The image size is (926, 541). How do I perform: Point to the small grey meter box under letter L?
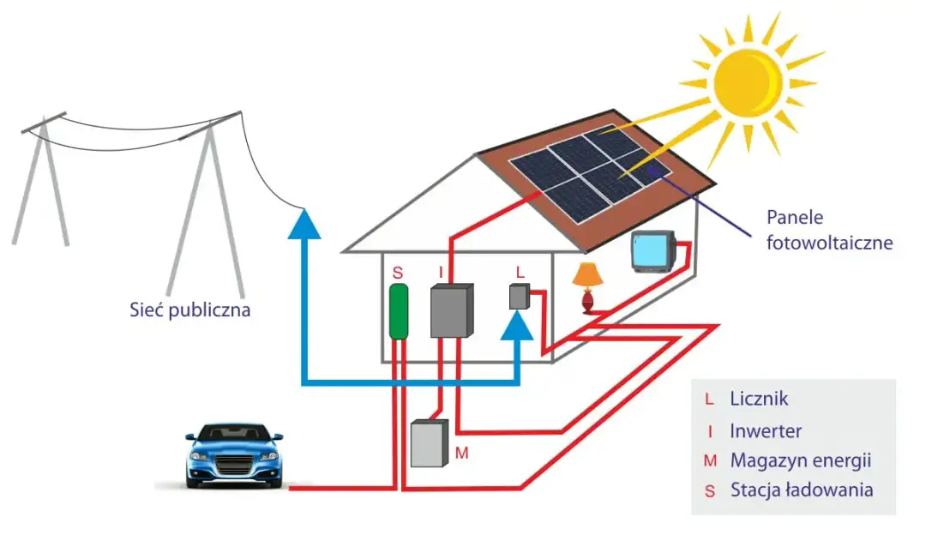(518, 297)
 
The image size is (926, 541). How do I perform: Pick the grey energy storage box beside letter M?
(430, 442)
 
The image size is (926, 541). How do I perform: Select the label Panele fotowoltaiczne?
(829, 231)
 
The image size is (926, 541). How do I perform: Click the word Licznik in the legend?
(759, 399)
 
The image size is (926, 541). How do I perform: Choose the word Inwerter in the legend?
(766, 430)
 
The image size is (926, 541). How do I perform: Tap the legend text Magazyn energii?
(801, 460)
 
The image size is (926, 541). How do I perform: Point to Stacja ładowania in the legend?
(802, 490)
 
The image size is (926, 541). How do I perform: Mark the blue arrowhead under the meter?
(518, 325)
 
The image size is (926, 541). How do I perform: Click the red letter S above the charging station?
(397, 272)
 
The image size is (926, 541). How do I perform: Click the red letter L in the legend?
(708, 399)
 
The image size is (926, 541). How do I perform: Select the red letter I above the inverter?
(441, 272)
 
